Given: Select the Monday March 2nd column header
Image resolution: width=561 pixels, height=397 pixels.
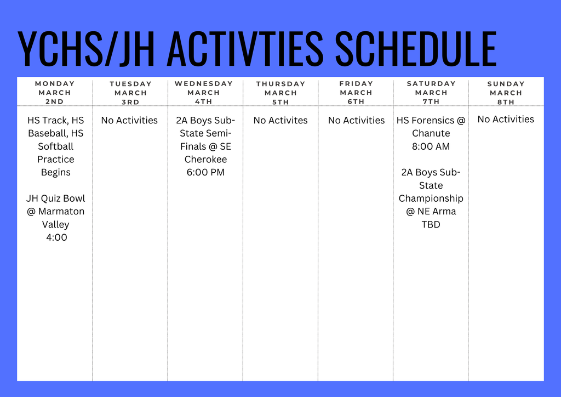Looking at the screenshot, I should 55,93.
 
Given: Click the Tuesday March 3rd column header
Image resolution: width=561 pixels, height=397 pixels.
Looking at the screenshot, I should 130,93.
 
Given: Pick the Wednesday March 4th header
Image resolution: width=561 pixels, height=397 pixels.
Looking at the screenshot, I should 204,93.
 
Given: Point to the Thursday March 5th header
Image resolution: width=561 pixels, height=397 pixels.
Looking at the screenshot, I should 280,93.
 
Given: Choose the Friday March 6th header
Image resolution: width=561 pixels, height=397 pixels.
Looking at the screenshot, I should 356,93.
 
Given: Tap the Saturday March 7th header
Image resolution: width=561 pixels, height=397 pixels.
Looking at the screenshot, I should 431,93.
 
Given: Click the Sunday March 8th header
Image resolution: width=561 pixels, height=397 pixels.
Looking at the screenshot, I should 506,93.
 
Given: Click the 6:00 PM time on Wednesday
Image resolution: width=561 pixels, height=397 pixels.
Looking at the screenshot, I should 205,172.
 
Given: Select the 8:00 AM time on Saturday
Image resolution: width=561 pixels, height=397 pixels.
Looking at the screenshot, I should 431,146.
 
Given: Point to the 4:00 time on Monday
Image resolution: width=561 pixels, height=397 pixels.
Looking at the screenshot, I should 56,237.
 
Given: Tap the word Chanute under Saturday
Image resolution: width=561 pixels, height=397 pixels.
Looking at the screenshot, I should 431,133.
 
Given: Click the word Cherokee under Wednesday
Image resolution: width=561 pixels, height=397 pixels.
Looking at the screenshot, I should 205,160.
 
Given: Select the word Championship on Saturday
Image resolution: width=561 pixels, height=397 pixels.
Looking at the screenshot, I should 431,198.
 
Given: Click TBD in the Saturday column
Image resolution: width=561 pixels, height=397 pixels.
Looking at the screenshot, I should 431,224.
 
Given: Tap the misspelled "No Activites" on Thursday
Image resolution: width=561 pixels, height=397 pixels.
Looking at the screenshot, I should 280,120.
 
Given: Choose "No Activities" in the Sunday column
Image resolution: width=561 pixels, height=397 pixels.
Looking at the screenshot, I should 506,119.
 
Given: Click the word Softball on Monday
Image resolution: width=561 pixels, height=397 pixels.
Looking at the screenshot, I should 55,146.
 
